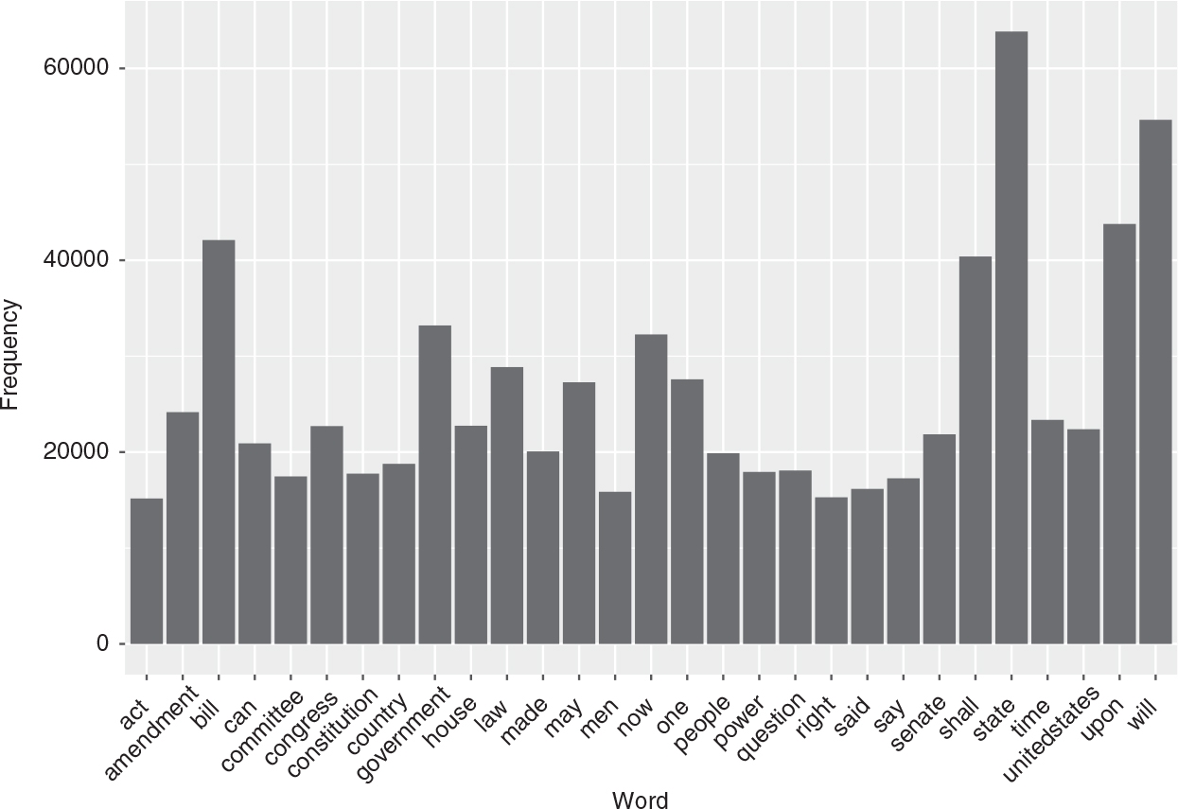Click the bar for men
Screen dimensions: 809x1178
tap(615, 568)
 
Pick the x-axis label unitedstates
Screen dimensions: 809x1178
tap(1051, 734)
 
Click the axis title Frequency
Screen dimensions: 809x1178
tap(11, 355)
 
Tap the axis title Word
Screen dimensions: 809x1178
tap(640, 800)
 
